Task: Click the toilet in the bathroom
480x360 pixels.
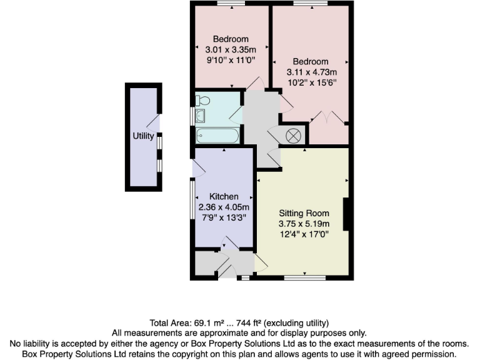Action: [x=202, y=100]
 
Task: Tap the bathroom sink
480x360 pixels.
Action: [x=201, y=116]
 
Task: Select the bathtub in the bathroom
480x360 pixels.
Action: [x=216, y=136]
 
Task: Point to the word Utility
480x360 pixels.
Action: [x=143, y=136]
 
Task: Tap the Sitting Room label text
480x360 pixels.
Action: [x=304, y=212]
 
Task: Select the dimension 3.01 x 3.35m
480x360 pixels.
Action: [x=232, y=50]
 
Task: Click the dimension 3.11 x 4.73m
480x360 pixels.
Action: [x=311, y=72]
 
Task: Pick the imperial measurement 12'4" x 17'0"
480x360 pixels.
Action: [x=304, y=234]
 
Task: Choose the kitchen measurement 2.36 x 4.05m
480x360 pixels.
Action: [x=224, y=207]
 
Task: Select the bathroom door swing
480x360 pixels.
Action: [x=236, y=114]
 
